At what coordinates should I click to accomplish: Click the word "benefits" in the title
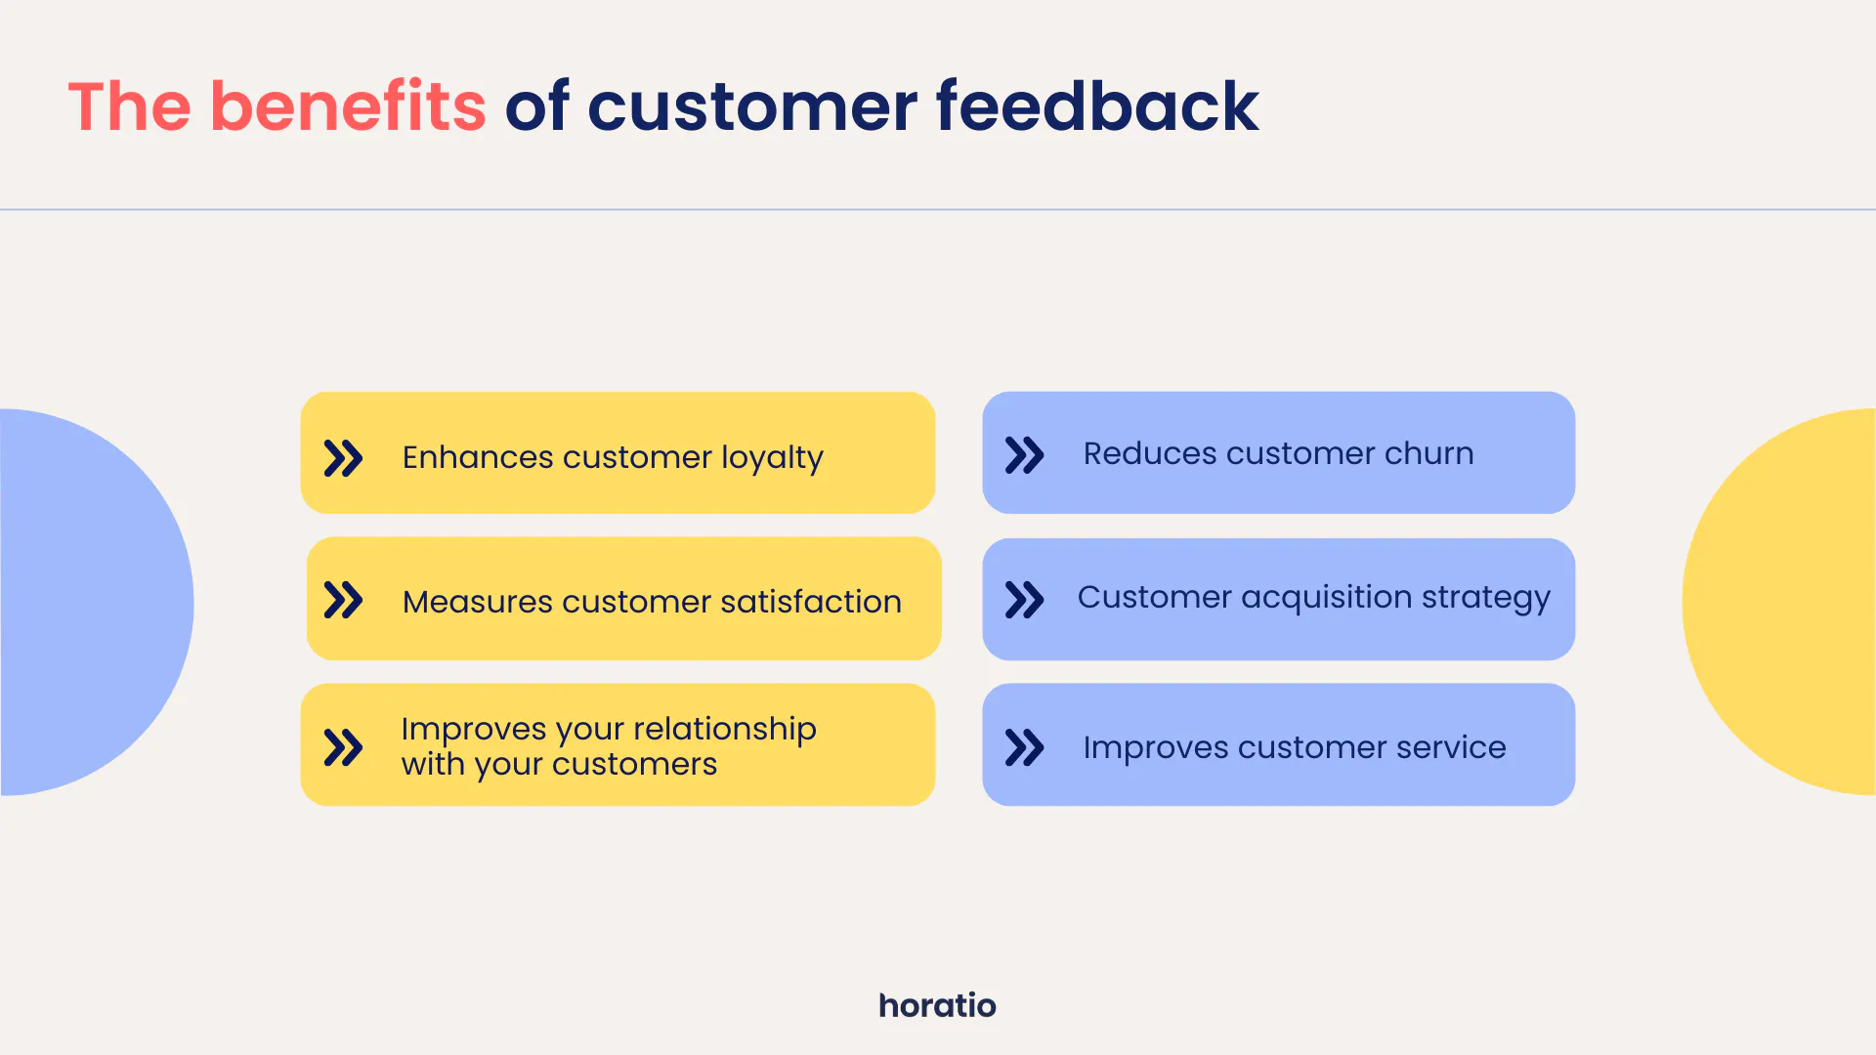point(348,105)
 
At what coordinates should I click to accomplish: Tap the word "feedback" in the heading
point(1097,105)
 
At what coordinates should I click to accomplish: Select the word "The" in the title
point(129,105)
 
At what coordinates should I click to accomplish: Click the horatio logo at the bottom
point(937,1005)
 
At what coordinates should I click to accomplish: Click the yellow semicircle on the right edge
point(1778,602)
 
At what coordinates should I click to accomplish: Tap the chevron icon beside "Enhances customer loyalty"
point(343,457)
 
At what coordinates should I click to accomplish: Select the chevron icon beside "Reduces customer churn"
point(1024,454)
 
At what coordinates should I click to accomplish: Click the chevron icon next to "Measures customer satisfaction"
point(343,601)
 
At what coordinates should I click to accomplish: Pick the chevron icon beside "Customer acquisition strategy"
point(1024,600)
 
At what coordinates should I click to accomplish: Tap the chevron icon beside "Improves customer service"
point(1024,747)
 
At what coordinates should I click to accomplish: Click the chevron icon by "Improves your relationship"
point(343,747)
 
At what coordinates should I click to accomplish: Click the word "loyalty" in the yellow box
point(772,458)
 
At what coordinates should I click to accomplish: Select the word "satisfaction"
point(810,602)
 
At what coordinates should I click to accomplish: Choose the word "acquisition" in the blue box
point(1327,598)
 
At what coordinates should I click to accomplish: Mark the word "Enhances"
point(478,457)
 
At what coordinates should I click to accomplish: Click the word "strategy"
point(1486,598)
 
